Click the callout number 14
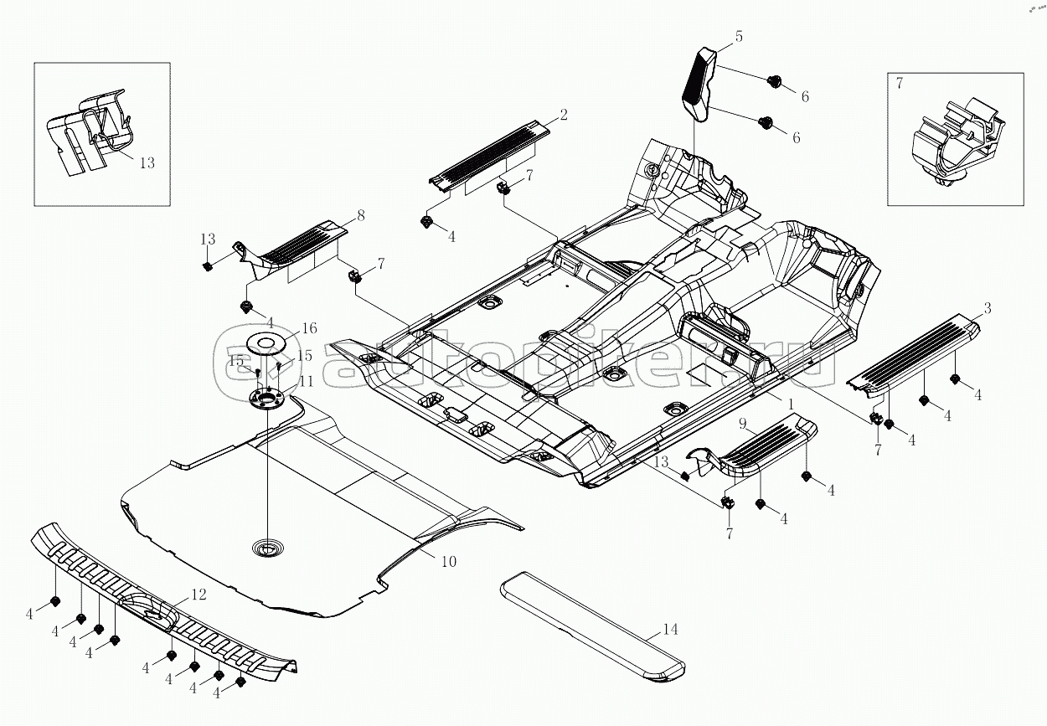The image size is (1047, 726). (669, 630)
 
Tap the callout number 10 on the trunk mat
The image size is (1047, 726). (448, 561)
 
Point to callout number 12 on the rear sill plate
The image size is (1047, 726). (199, 595)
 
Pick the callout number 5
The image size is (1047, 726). (739, 37)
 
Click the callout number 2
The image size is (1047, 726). (564, 115)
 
